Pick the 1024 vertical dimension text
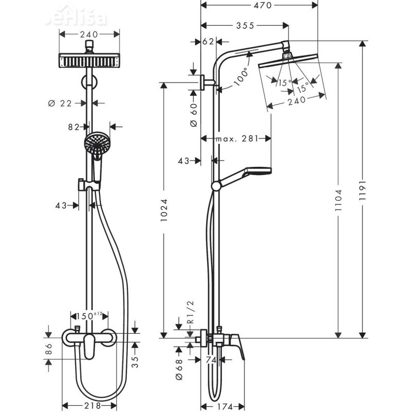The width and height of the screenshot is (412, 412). pos(164,211)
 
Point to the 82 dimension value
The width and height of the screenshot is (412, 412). pos(74,126)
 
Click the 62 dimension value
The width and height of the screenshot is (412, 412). pos(208,42)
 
